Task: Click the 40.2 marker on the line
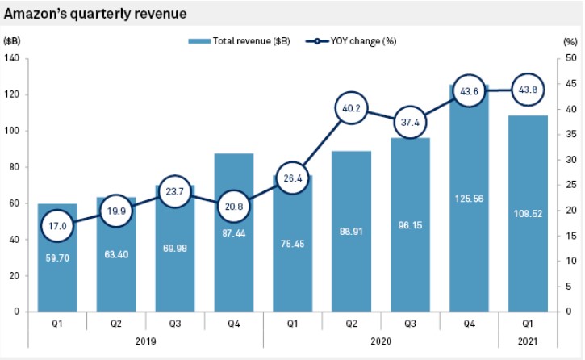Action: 351,107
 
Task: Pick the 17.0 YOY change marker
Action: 56,226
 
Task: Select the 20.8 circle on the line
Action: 233,207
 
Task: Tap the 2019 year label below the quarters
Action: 145,341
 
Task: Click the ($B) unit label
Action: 12,40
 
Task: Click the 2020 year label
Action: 381,341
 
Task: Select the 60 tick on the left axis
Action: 14,203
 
